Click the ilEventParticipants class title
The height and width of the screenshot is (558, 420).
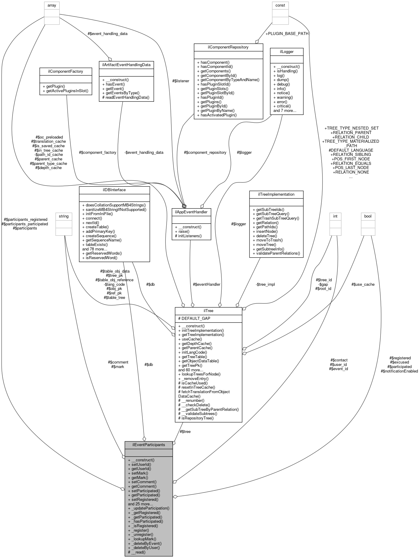point(149,445)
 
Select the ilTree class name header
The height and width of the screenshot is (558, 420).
point(208,311)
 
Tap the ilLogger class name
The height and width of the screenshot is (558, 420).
point(287,51)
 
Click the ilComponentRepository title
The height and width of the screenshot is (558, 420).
point(228,47)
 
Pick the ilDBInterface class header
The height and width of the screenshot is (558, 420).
point(114,190)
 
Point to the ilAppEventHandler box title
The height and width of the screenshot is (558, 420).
point(191,212)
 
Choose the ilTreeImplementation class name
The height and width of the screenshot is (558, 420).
point(276,194)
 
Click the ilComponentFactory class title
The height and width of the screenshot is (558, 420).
point(66,71)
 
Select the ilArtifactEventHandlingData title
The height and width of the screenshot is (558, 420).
point(126,65)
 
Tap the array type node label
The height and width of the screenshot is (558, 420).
point(52,5)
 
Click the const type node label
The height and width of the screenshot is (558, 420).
point(280,5)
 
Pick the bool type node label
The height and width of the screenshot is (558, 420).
point(368,216)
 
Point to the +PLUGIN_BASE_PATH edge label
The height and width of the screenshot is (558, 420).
point(287,34)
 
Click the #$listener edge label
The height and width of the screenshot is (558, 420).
point(181,81)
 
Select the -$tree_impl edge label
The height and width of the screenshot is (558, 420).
point(265,284)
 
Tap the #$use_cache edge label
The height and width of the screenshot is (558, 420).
point(363,284)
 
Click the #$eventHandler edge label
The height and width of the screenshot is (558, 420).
point(206,284)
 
